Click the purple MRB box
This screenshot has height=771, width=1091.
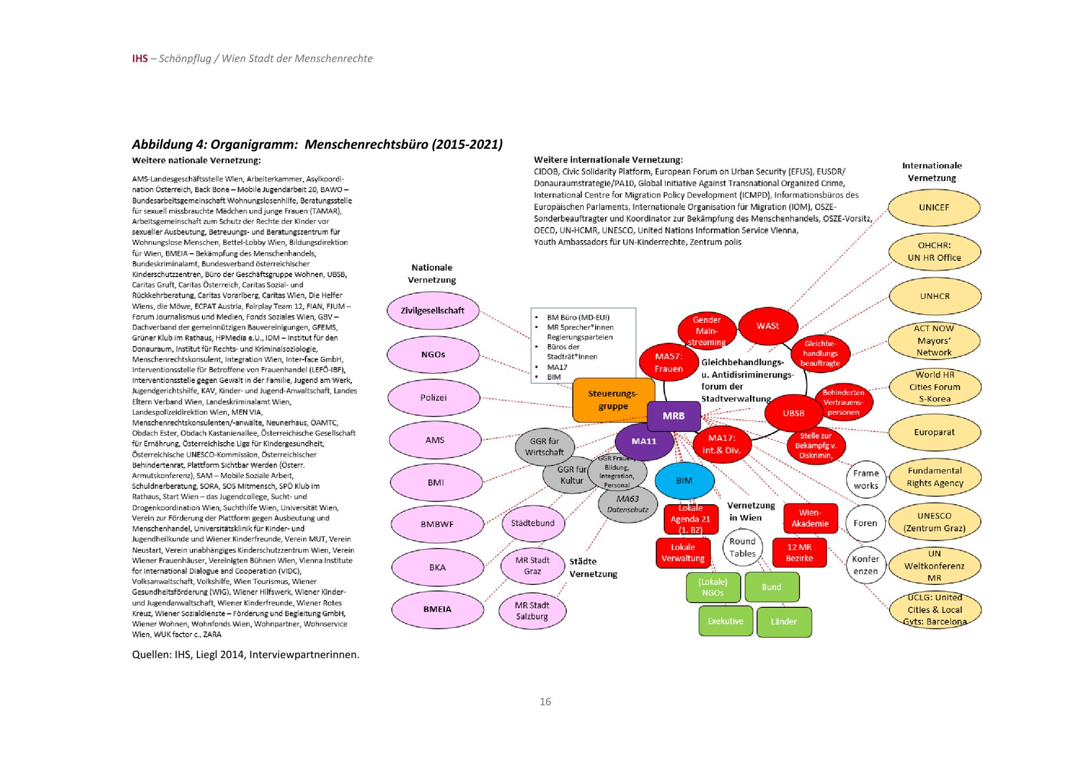(674, 416)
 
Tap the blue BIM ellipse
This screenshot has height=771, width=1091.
(684, 481)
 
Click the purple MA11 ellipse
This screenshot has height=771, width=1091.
(644, 441)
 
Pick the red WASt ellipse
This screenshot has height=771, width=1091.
(768, 326)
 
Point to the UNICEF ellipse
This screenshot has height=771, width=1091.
(934, 207)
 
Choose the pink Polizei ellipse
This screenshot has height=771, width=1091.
(434, 398)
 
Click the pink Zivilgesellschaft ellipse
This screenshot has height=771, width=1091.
(433, 311)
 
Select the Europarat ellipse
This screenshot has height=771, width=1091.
(934, 432)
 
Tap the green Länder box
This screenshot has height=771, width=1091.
(784, 621)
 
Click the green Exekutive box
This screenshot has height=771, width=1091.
(726, 621)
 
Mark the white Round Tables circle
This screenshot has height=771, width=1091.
(742, 547)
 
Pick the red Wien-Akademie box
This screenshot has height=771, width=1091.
(810, 518)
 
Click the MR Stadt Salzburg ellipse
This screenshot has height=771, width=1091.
(532, 611)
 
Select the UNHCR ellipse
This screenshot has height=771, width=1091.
(934, 296)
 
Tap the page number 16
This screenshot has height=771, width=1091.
(545, 702)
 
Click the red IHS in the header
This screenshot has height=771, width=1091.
(140, 58)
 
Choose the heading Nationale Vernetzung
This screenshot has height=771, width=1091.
(431, 273)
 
